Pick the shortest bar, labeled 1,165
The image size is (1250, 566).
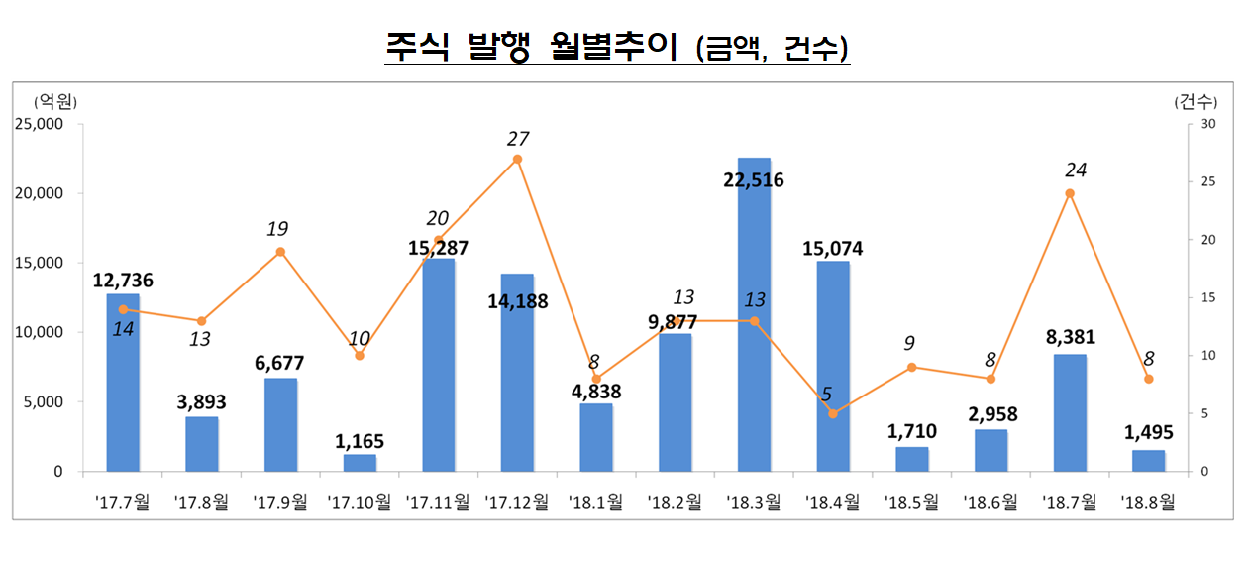tap(360, 463)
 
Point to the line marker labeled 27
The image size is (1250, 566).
tap(517, 159)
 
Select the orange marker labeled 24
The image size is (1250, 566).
tap(1070, 193)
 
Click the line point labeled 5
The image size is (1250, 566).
tap(833, 413)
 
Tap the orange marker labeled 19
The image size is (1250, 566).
tap(280, 252)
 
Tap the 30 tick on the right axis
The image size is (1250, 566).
tap(1209, 124)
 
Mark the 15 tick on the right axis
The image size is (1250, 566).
tap(1209, 297)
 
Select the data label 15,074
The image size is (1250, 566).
tap(832, 249)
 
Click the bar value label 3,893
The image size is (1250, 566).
tap(202, 402)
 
